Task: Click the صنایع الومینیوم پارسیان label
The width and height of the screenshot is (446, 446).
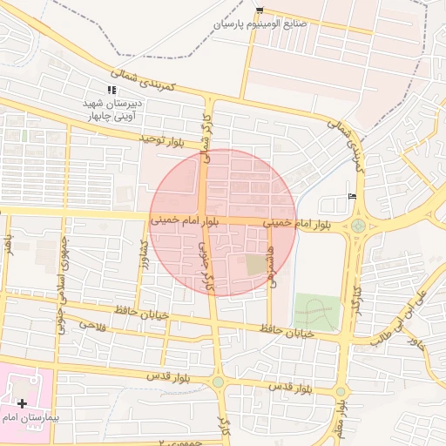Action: coord(260,24)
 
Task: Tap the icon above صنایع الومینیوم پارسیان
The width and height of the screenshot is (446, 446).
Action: coord(260,10)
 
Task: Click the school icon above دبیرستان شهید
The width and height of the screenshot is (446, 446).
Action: coord(111,90)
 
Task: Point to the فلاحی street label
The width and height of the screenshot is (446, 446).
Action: coord(92,324)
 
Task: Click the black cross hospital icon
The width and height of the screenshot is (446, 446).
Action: coord(22,404)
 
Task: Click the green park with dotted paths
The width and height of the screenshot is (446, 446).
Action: coord(315,311)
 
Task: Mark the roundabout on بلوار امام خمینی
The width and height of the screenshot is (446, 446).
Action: coord(358,226)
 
